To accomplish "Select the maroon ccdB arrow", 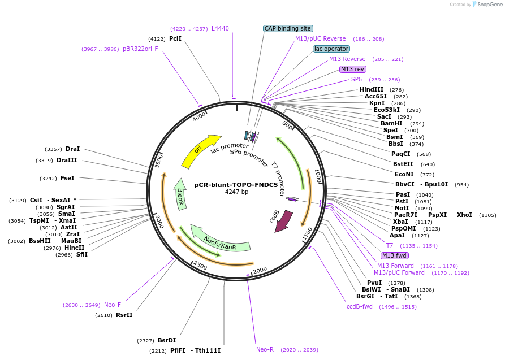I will click(282, 221).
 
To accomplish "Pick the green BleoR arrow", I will click(180, 194).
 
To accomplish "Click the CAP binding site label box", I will click(288, 28).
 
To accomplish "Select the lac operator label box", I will click(331, 49).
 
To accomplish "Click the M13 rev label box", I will click(353, 69).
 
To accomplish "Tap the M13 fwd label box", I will click(395, 255).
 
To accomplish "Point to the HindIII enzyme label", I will click(372, 89).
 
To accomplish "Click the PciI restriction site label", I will click(175, 38).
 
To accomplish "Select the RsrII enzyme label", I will click(124, 315).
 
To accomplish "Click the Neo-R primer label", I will click(265, 349).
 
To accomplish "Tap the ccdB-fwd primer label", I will click(360, 306).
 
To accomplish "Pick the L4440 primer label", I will click(220, 28).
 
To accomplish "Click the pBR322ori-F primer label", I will click(140, 49).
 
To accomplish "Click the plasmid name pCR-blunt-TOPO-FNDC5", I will click(236, 184).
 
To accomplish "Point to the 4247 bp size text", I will click(236, 192).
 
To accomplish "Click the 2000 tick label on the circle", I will click(260, 271).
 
